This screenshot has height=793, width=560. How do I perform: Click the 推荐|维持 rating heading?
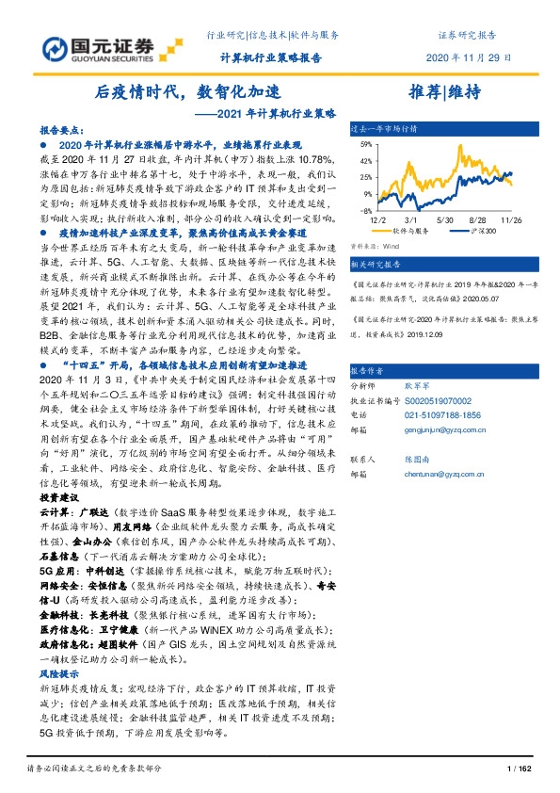[445, 92]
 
